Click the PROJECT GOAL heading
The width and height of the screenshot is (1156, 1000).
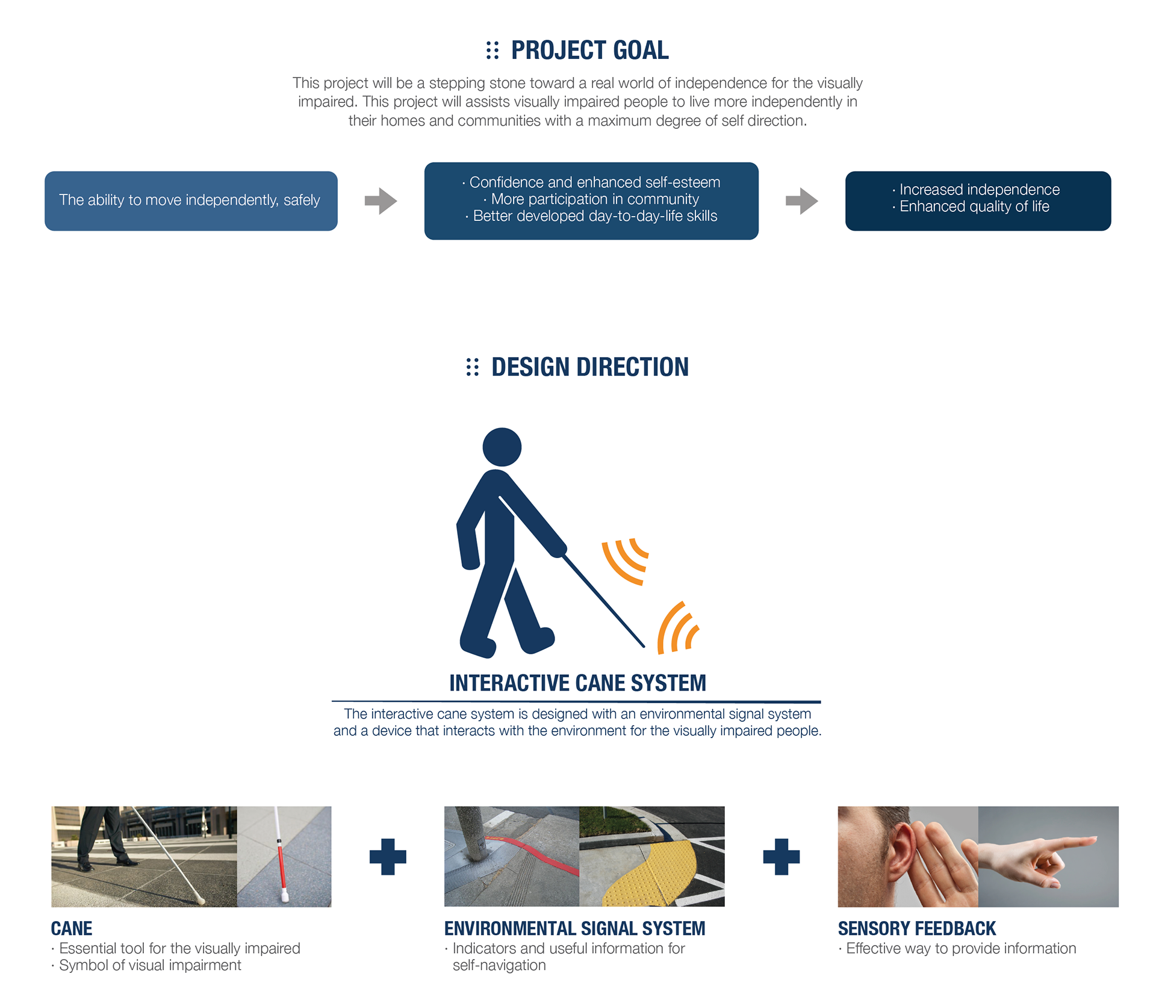point(589,51)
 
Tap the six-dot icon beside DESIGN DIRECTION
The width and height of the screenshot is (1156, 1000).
point(473,367)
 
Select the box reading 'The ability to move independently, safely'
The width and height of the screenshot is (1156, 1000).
point(191,201)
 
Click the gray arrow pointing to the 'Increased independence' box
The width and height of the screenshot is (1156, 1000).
point(802,201)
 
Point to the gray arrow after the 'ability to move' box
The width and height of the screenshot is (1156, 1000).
point(381,201)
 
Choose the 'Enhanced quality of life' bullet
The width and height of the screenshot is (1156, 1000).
point(971,207)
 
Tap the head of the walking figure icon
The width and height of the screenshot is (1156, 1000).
point(502,447)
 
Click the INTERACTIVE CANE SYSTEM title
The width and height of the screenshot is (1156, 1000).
point(577,683)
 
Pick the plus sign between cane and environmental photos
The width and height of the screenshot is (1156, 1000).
point(388,857)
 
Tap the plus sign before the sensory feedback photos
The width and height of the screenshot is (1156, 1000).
point(782,857)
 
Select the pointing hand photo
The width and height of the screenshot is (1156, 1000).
point(1048,857)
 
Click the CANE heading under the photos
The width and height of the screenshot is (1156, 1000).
point(72,929)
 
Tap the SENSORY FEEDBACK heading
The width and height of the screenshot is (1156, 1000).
point(917,929)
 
